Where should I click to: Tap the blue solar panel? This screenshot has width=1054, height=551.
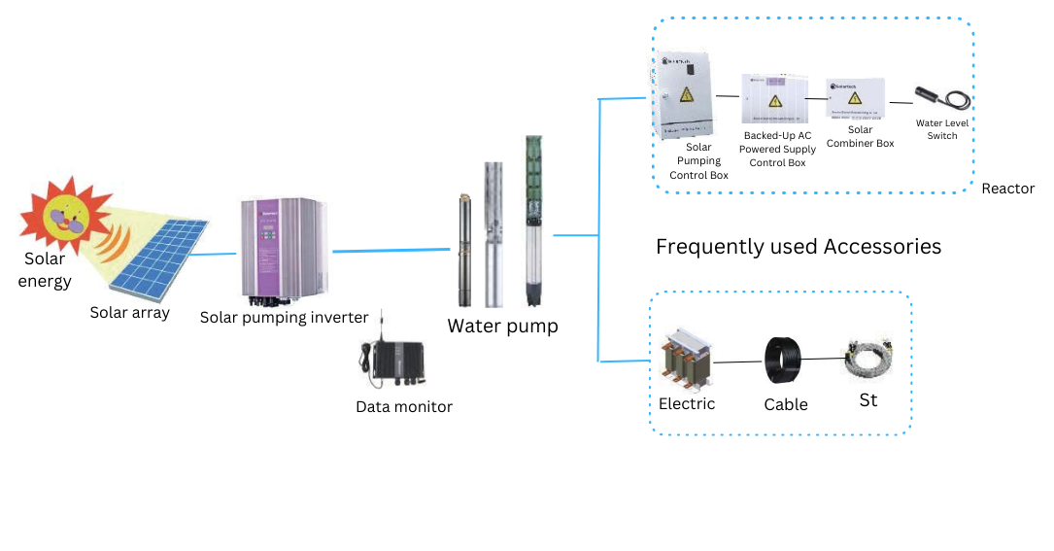point(159,258)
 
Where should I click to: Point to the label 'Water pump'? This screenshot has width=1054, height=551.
point(502,326)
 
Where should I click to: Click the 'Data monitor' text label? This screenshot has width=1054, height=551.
point(404,406)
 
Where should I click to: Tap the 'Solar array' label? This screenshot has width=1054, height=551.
point(129,312)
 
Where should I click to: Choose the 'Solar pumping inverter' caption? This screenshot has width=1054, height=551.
point(284,317)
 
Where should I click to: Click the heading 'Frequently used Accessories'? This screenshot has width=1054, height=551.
point(799,246)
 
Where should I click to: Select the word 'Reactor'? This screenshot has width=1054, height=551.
point(1007,189)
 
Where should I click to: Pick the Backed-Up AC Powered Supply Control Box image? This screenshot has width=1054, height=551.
point(774,100)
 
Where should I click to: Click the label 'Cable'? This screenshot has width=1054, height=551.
point(786,404)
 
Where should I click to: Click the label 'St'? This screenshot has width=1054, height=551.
point(867,399)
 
